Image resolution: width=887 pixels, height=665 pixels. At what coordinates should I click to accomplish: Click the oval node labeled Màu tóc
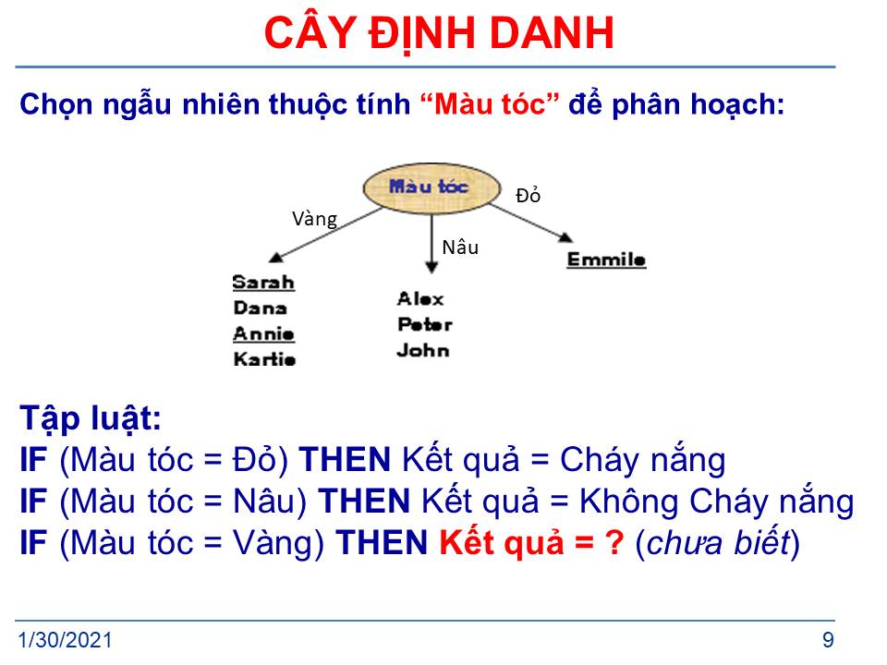point(431,188)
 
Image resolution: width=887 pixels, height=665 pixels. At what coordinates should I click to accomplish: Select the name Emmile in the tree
point(606,260)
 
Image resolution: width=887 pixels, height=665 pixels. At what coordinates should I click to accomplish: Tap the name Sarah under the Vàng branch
point(263,283)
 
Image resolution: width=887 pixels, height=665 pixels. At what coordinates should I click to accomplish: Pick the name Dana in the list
point(261,308)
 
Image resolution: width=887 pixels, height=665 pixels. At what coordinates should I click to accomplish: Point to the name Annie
point(263,333)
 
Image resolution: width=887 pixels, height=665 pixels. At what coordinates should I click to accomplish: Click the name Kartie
point(264,359)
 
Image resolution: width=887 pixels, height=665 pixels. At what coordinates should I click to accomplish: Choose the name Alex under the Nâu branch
point(420,298)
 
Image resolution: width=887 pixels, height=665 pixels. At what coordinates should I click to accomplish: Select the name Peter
point(425,324)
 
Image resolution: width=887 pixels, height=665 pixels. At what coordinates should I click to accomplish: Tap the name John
point(423,351)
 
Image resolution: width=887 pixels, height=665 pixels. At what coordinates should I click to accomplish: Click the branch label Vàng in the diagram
point(314,219)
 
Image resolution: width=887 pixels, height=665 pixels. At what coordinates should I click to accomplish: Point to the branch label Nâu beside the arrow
point(460,248)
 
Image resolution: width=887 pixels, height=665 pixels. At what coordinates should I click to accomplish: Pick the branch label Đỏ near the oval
point(529,196)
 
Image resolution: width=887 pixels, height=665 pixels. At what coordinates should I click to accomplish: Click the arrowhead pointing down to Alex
point(431,268)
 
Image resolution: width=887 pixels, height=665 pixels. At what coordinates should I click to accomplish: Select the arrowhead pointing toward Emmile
point(565,237)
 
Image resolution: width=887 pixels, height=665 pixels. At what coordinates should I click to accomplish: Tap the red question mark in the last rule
point(614,543)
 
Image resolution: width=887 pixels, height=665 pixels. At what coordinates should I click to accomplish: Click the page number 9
point(828,640)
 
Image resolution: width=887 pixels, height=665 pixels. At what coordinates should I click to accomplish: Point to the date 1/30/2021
point(65,640)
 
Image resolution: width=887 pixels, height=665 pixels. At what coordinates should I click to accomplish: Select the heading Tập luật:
point(91,419)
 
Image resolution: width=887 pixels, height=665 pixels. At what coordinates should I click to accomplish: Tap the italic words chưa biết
point(718,543)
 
